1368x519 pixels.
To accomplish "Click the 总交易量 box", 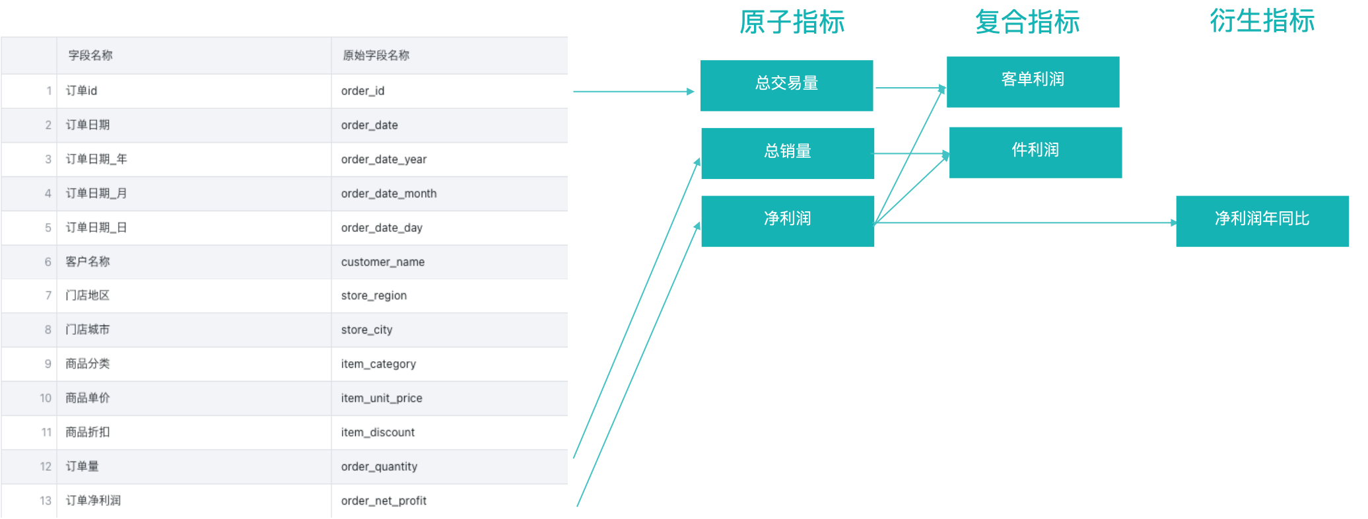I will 786,85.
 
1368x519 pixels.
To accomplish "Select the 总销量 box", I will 787,153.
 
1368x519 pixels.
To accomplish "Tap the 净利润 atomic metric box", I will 787,221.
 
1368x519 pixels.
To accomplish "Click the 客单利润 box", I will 1033,81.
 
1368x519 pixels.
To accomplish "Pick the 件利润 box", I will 1035,152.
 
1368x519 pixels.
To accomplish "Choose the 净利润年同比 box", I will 1262,221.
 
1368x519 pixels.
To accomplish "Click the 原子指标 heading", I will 792,22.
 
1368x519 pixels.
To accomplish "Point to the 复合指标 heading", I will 1027,22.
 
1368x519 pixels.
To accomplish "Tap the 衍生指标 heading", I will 1262,21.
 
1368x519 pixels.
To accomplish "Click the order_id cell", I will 362,91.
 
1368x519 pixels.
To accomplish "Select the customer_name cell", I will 382,262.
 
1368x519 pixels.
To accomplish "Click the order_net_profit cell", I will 383,501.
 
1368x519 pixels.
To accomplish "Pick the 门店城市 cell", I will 88,329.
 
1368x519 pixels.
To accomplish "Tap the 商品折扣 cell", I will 88,433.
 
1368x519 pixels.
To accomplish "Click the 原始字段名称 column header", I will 376,55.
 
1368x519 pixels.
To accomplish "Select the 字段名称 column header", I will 90,55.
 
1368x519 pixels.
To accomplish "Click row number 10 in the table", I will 45,398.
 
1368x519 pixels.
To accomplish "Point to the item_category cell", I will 378,364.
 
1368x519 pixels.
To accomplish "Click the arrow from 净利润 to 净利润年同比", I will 1023,223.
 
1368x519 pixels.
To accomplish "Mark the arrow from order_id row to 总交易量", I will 633,92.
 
